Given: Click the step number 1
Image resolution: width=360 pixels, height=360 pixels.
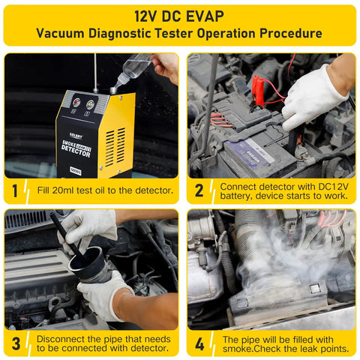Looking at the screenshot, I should point(15,190).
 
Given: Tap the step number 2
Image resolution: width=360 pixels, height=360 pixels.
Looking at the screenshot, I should point(199,190).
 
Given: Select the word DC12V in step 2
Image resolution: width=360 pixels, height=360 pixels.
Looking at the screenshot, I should point(333,185).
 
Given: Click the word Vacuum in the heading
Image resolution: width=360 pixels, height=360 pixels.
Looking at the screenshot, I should point(64,34).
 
